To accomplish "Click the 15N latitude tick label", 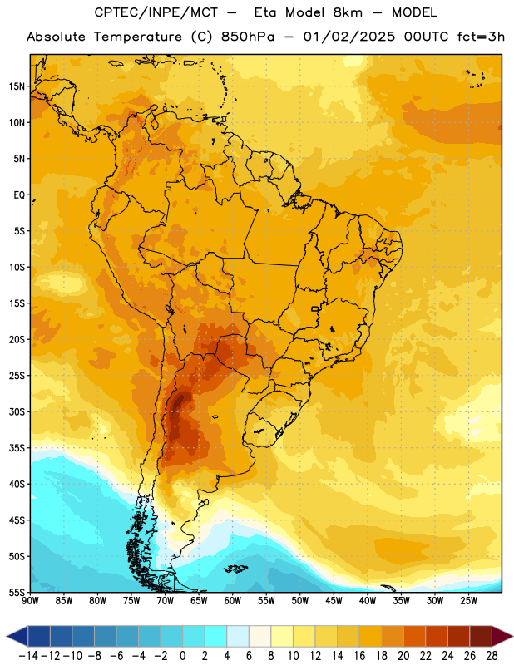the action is [17, 86].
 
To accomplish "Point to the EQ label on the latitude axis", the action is [19, 195].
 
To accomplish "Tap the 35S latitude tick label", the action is [17, 448].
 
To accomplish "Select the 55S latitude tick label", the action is [17, 593].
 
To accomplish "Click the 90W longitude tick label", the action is [30, 601].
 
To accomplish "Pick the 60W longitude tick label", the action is [233, 601].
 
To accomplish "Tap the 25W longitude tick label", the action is [468, 601].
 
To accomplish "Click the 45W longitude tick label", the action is [334, 601].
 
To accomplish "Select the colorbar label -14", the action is [28, 656].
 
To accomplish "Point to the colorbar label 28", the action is [492, 656].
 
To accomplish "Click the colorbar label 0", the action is [182, 656].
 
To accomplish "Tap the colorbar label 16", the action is [359, 656].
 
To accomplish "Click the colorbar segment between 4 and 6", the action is [238, 636].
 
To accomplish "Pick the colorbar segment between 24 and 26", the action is [459, 636].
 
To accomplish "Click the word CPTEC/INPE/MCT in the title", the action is [156, 13].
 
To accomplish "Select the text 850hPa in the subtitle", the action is [248, 37].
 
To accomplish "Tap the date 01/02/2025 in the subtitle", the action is [348, 37].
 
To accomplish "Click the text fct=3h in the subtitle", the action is [481, 37].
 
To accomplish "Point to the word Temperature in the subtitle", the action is [138, 37].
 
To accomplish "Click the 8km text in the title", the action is [348, 12].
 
